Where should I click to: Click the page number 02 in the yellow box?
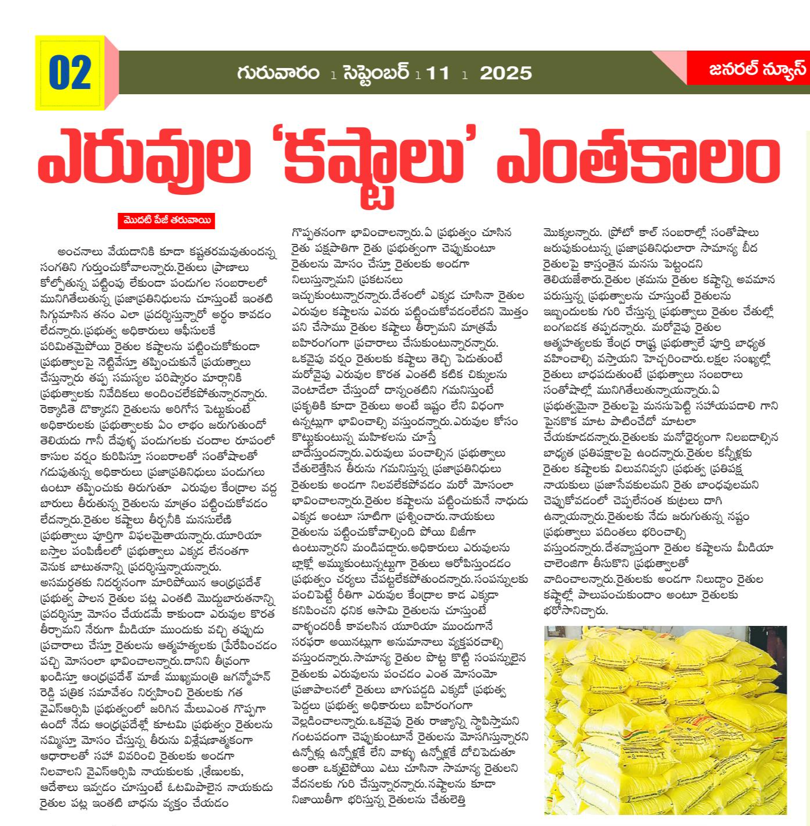point(70,73)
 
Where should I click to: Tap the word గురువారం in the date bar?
point(278,73)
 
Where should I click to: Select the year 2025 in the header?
point(505,73)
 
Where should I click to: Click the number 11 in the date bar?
point(438,73)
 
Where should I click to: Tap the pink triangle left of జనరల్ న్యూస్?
point(669,63)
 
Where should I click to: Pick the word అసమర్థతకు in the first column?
point(65,583)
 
